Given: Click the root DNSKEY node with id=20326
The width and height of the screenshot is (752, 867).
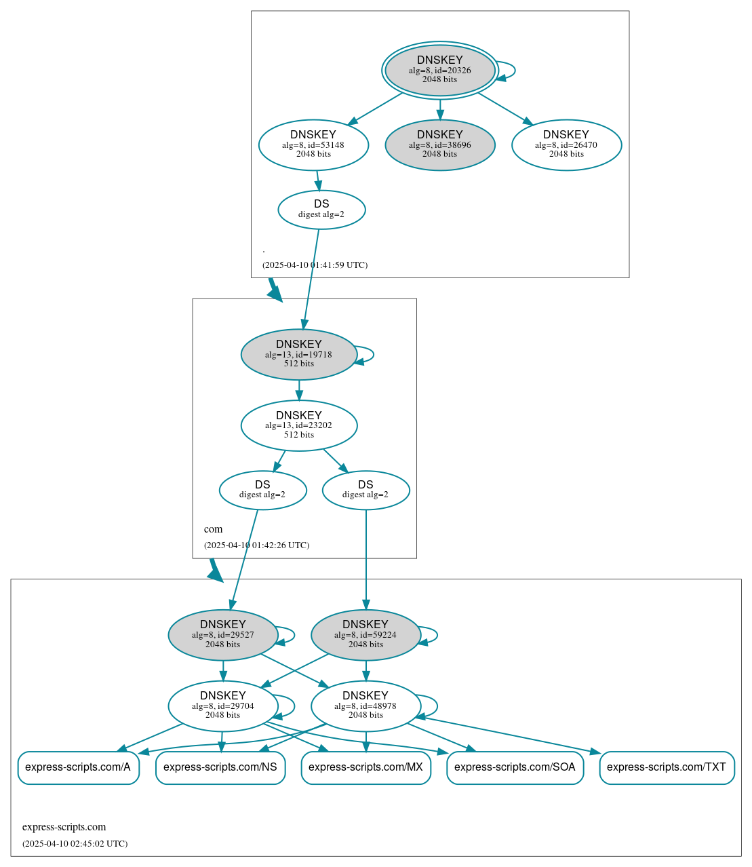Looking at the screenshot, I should click(x=439, y=70).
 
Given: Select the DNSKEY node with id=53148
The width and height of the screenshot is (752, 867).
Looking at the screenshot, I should click(x=313, y=144).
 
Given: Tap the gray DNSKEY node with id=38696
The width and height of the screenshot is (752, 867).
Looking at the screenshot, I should click(x=439, y=144).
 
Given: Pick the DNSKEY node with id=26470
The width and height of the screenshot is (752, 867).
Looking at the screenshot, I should click(x=566, y=144).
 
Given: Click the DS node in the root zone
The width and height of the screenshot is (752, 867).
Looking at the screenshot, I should click(x=321, y=210).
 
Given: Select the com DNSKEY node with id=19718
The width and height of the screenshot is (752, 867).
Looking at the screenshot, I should click(x=299, y=354).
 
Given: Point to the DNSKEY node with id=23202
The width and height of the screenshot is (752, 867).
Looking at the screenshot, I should click(x=299, y=425).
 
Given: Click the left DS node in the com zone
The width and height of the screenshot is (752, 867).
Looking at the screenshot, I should click(x=262, y=490).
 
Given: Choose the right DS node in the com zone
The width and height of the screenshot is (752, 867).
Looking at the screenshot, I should click(x=365, y=490).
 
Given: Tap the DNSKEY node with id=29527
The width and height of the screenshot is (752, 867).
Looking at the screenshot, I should click(x=223, y=634).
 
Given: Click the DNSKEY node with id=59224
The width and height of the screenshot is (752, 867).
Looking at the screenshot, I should click(x=365, y=634).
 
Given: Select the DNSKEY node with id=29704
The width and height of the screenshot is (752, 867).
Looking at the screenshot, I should click(x=223, y=706).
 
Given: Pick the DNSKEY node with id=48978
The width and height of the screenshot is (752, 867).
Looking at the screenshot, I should click(x=365, y=706).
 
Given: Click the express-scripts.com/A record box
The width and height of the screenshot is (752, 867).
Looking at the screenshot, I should click(x=78, y=767).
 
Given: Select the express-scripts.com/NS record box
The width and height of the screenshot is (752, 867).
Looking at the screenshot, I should click(x=220, y=767).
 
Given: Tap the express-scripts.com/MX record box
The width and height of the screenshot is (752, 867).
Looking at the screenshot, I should click(x=365, y=767).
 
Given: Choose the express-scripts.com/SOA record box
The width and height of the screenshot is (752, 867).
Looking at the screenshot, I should click(x=515, y=767).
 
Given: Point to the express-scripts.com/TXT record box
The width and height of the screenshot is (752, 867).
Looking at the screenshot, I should click(x=667, y=767).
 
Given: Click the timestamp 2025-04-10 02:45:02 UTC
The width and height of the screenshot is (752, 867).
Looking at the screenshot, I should click(x=75, y=843).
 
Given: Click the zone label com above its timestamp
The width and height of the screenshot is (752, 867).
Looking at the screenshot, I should click(x=213, y=529).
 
